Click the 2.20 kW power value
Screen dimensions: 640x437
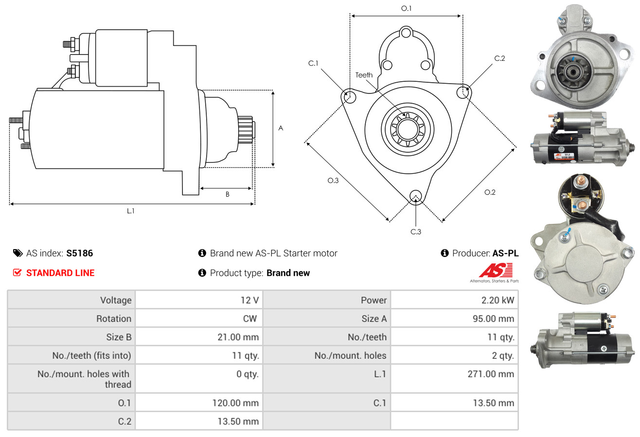tap(498, 300)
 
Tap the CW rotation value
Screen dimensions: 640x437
tap(249, 318)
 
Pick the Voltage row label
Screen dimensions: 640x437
tap(116, 300)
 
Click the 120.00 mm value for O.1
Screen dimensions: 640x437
tap(235, 403)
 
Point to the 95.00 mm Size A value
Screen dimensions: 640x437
tap(493, 318)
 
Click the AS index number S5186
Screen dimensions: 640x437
tap(79, 253)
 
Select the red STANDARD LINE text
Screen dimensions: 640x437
tap(60, 273)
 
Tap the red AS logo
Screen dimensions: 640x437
tap(496, 271)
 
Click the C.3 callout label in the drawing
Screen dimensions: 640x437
tap(416, 232)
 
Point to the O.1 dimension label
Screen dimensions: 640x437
tap(406, 8)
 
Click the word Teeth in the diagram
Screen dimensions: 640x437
tap(364, 75)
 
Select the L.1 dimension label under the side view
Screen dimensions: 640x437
tap(130, 211)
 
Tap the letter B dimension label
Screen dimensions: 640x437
tap(228, 194)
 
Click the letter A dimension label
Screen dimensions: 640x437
tap(281, 128)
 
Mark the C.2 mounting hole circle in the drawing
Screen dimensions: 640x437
tap(462, 92)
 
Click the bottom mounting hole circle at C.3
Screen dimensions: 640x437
tap(416, 196)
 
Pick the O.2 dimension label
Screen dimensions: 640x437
tap(490, 192)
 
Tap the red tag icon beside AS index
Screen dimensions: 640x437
tap(18, 253)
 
